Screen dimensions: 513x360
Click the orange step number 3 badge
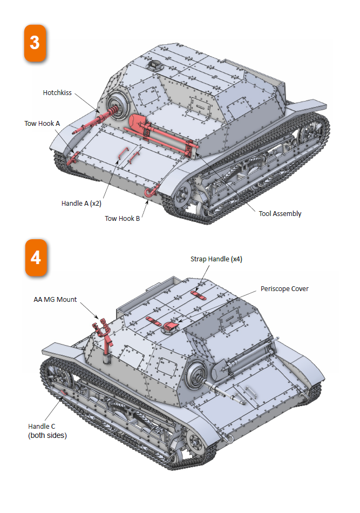point(35,42)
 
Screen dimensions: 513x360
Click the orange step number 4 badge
point(36,257)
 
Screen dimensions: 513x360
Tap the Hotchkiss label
point(57,93)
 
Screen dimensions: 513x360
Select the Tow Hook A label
point(42,123)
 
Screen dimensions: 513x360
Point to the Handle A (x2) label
point(81,204)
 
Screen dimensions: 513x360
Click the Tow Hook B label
point(123,219)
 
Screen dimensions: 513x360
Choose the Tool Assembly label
point(280,213)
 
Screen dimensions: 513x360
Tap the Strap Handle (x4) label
point(216,259)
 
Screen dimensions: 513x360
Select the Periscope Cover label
point(284,289)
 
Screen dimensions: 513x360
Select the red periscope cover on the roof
point(172,325)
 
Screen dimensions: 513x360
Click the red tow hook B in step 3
point(150,191)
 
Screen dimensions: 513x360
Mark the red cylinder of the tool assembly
point(138,123)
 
